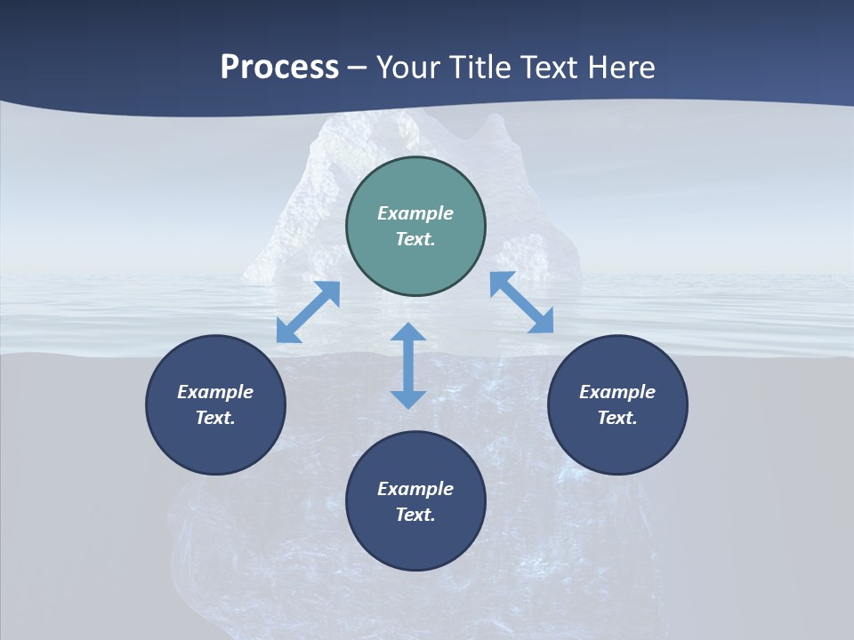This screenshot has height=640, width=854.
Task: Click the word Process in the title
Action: tap(279, 68)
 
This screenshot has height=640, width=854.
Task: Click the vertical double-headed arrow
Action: tap(408, 365)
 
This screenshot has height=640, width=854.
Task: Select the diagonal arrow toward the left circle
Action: tap(308, 312)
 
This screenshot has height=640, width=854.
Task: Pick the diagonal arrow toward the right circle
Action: tap(521, 302)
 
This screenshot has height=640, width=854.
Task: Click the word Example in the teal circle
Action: tap(415, 213)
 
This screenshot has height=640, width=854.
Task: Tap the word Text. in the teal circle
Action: tap(415, 239)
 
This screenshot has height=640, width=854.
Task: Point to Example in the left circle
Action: tap(215, 392)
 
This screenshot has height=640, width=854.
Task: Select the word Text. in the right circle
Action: tap(617, 418)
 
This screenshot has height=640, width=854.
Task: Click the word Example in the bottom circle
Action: tap(415, 489)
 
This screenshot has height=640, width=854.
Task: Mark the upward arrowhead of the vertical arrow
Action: tap(408, 333)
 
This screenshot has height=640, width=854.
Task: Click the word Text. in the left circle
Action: tap(215, 418)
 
